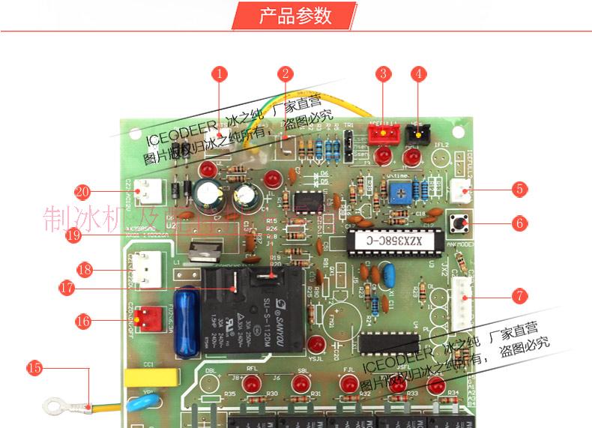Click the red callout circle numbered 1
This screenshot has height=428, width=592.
coord(219,73)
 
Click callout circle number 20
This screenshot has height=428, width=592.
coord(82,191)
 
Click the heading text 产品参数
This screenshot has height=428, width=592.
coord(295,15)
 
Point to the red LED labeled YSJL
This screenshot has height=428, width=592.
coord(315,345)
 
